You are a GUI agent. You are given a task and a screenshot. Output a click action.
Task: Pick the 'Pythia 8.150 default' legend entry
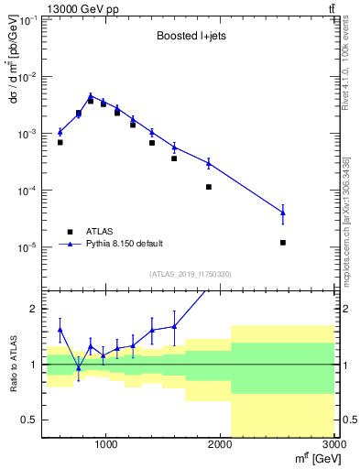[124, 244]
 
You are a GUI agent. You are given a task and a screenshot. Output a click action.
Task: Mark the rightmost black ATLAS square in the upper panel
[283, 243]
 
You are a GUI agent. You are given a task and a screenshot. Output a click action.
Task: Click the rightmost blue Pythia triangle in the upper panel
[283, 213]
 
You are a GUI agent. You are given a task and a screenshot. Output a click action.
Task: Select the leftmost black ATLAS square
[60, 142]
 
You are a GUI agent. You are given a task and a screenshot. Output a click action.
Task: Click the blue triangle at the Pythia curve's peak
[91, 95]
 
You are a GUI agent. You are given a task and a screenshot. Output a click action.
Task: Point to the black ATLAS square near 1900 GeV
[209, 187]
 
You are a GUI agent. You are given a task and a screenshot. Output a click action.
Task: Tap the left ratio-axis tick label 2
[34, 309]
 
